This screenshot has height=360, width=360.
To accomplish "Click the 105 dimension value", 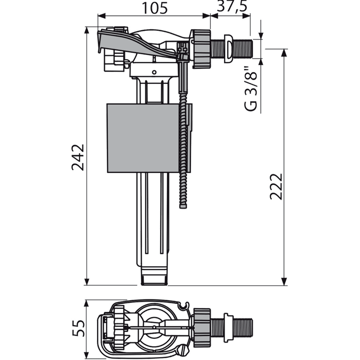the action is pos(155,8).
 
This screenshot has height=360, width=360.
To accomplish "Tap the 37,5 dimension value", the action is pos(232,6).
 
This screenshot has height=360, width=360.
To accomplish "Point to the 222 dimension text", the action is pos(276,186).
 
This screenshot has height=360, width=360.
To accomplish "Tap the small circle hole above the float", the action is pos(154,72).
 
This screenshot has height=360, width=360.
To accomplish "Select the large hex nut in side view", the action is pos(201,49).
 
